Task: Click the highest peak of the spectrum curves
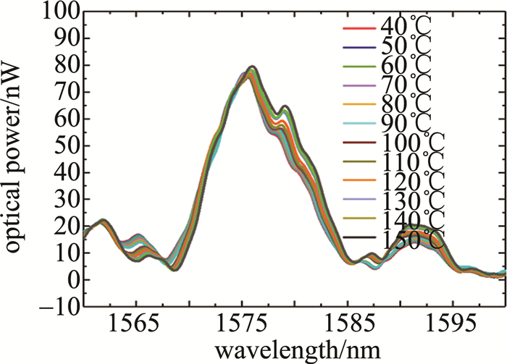point(252,68)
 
